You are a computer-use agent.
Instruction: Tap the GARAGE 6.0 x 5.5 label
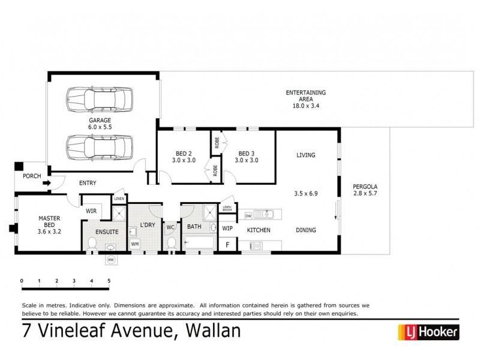(100, 124)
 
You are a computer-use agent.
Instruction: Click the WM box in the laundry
(135, 244)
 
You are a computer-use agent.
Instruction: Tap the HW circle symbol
(110, 260)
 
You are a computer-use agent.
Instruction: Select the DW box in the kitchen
(248, 215)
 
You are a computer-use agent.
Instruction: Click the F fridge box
(227, 244)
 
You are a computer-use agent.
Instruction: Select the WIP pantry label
(227, 229)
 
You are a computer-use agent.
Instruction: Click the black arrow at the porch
(46, 184)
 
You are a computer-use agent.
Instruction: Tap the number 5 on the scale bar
(109, 280)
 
